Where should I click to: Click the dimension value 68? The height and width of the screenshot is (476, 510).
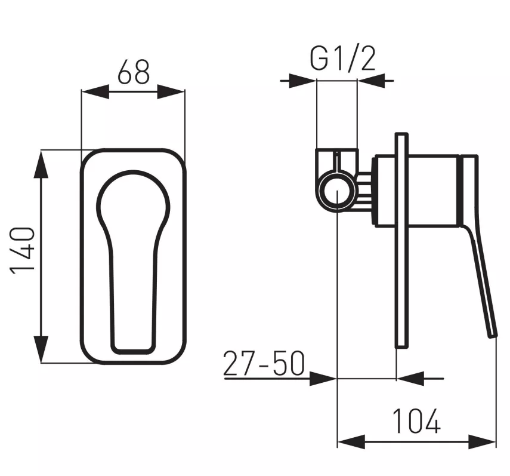click(x=134, y=72)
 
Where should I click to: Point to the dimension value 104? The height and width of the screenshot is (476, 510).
click(x=416, y=422)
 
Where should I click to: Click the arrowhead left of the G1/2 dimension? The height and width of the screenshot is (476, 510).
click(x=302, y=80)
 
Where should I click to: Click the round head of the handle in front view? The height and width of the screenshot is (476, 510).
click(x=132, y=200)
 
